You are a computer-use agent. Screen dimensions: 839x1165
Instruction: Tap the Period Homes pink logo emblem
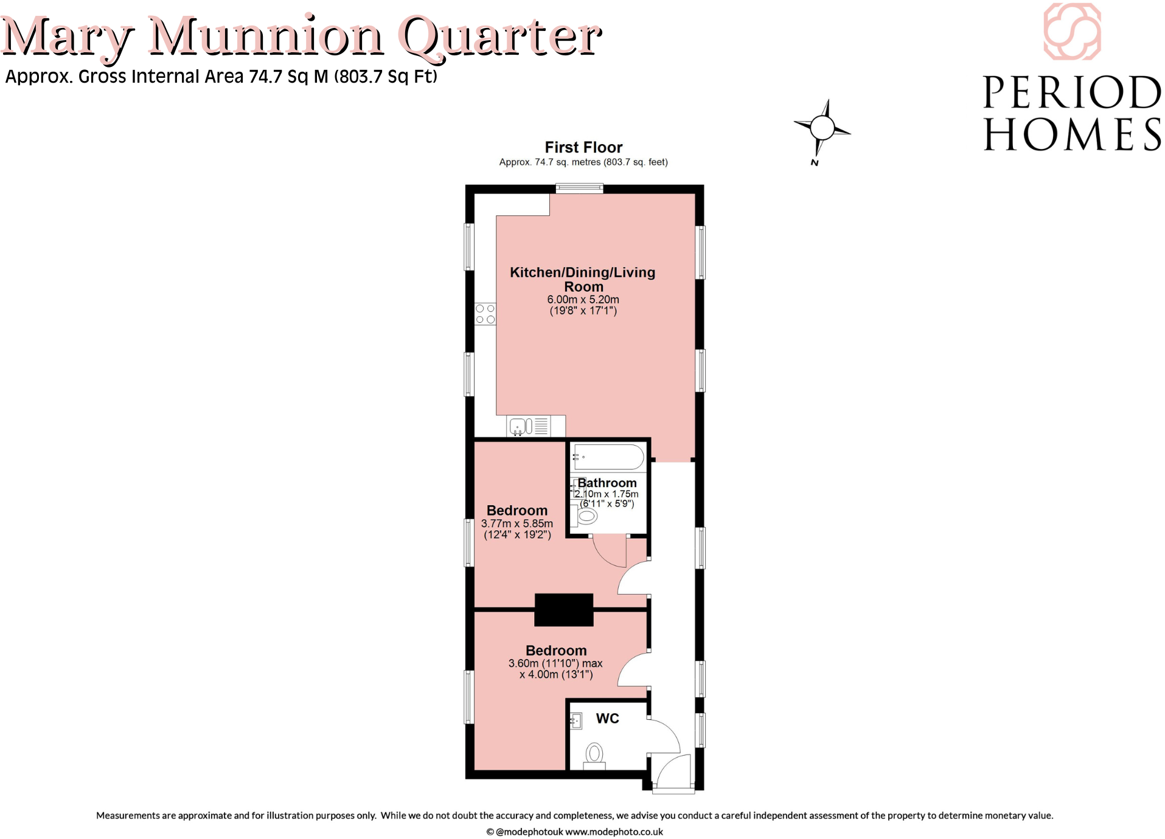click(x=1072, y=32)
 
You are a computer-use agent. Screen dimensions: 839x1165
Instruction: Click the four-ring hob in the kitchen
click(x=485, y=314)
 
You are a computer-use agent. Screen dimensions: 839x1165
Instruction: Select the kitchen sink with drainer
click(x=529, y=426)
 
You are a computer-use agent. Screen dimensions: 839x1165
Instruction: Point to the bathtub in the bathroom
click(x=608, y=457)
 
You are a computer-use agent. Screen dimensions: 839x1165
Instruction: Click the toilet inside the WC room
click(x=594, y=755)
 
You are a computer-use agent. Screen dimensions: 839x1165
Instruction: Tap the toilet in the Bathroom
click(x=586, y=516)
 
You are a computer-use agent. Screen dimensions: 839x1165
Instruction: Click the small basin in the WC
click(x=576, y=721)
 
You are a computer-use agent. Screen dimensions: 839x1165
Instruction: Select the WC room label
click(x=607, y=719)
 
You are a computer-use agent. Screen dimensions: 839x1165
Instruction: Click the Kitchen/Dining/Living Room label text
click(x=582, y=279)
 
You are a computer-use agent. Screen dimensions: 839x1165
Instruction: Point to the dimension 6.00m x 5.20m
click(x=583, y=300)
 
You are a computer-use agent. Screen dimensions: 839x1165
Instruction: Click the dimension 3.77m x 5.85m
click(x=516, y=523)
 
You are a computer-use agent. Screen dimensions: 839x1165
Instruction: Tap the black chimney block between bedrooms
click(x=563, y=610)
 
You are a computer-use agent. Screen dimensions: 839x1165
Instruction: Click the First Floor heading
click(x=583, y=147)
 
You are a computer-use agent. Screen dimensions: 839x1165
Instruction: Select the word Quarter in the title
click(x=500, y=38)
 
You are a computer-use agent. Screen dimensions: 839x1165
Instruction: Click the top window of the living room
click(x=579, y=188)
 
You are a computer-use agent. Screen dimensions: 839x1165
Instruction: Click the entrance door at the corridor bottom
click(x=673, y=772)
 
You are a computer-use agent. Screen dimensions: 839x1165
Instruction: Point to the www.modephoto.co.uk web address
click(x=614, y=832)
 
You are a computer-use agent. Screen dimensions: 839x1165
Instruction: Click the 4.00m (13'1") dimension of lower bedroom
click(x=555, y=675)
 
